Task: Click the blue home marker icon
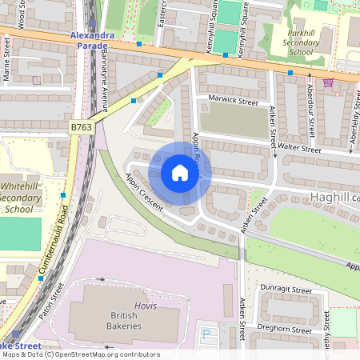click(180, 173)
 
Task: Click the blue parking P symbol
click(206, 333)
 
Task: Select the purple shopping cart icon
click(328, 82)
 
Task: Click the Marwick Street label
click(233, 102)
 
